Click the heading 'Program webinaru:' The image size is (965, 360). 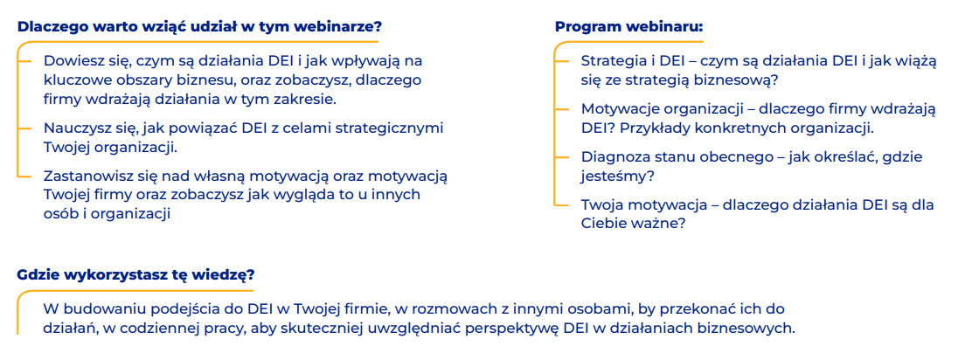point(629,28)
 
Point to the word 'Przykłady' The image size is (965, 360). point(646,128)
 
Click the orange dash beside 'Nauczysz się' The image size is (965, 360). point(24,128)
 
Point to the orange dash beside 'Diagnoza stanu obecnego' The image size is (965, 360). point(562,157)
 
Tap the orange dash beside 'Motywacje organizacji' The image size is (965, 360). point(562,109)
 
